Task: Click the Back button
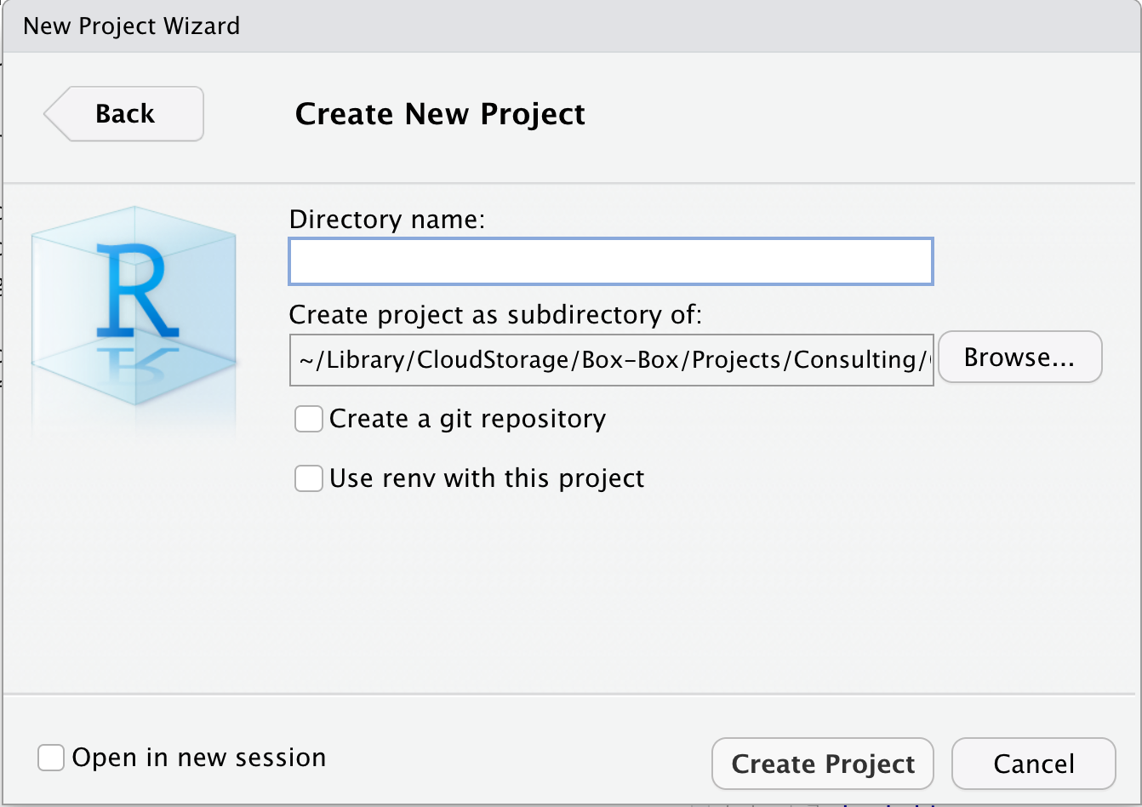pyautogui.click(x=124, y=114)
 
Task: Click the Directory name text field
pyautogui.click(x=611, y=261)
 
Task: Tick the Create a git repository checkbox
pyautogui.click(x=308, y=419)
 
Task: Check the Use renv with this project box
pyautogui.click(x=308, y=478)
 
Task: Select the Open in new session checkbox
pyautogui.click(x=51, y=758)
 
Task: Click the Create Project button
pyautogui.click(x=823, y=764)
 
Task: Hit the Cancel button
pyautogui.click(x=1034, y=764)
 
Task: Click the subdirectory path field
pyautogui.click(x=611, y=360)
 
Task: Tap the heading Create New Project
pyautogui.click(x=440, y=114)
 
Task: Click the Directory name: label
pyautogui.click(x=387, y=220)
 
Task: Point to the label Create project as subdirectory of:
pyautogui.click(x=495, y=314)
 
